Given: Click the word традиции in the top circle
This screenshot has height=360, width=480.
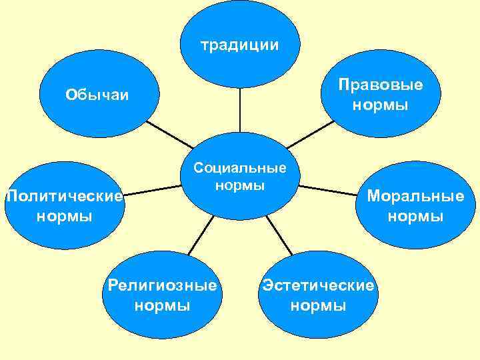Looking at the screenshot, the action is [239, 45].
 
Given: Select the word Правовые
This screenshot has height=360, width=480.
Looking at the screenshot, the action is [380, 85].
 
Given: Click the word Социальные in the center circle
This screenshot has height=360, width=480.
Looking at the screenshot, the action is [239, 168].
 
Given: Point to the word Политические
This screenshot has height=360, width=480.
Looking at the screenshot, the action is [64, 197].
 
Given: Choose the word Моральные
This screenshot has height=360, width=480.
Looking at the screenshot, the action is [415, 197].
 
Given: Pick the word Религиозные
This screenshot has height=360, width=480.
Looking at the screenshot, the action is [163, 286].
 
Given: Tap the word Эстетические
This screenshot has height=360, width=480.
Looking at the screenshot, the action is [319, 286].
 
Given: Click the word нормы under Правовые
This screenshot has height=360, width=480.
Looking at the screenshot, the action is [380, 105].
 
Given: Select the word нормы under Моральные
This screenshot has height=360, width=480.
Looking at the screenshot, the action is [415, 217].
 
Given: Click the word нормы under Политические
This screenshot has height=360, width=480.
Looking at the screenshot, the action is [64, 217].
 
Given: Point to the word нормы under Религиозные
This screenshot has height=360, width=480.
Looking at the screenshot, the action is [163, 306].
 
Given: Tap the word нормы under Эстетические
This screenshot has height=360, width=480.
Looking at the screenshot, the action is [319, 306].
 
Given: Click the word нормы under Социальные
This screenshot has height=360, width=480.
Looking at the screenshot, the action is [239, 185].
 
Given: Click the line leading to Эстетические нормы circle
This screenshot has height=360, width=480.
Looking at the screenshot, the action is [280, 236].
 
